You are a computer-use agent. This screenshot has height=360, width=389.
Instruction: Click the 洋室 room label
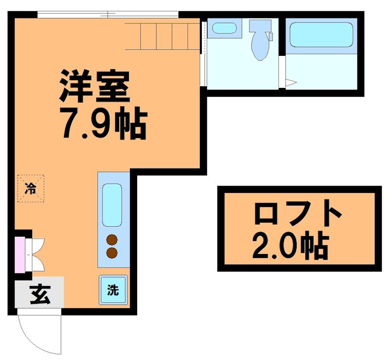coord(95,86)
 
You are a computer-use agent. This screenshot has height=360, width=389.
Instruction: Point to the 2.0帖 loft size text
coord(290,247)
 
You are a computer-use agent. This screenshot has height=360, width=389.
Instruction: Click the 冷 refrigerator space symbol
coord(31,188)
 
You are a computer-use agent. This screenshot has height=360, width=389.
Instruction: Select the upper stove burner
coord(112,240)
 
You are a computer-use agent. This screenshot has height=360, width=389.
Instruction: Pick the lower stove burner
coord(112,252)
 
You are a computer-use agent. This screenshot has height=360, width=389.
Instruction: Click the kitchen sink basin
coord(112,205)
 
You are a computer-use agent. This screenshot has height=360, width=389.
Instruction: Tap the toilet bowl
coord(260,47)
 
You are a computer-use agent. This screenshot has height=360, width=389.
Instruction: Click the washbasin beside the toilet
coord(224,27)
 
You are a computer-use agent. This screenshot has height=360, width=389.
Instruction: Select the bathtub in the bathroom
coord(321,34)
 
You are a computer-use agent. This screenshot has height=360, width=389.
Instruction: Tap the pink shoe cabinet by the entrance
coord(19,254)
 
